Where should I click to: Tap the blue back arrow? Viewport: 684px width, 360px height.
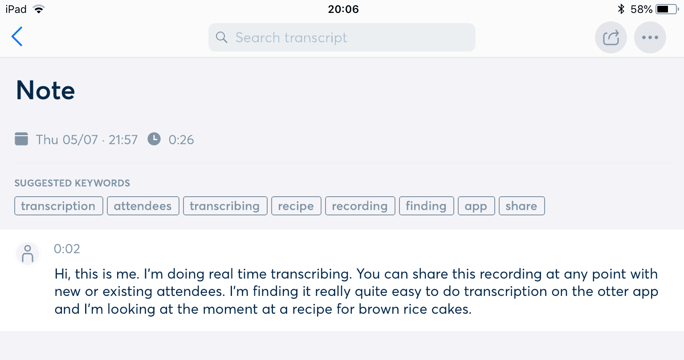17,36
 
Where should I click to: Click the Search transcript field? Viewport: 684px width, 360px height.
342,37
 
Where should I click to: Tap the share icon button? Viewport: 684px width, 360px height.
611,37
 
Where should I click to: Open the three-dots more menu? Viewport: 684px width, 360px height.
650,37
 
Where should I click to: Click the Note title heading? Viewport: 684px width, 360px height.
45,90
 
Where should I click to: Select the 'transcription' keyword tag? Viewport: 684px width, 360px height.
59,206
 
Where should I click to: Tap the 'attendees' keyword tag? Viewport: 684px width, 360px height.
143,206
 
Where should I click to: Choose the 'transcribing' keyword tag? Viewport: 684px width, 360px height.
225,206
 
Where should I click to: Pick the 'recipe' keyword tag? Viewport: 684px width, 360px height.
296,206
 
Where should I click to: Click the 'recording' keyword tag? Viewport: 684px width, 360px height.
360,206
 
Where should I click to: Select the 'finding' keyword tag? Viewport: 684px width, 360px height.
426,206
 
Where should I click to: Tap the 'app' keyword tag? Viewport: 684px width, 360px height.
476,206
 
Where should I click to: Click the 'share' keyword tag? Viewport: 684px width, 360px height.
521,206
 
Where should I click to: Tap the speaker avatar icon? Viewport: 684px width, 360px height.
28,254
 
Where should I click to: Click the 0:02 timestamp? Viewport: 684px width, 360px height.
67,249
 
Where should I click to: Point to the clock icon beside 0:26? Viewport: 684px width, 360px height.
154,139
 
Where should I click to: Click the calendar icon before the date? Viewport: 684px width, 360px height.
21,139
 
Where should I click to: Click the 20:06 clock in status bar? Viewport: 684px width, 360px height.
343,9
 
